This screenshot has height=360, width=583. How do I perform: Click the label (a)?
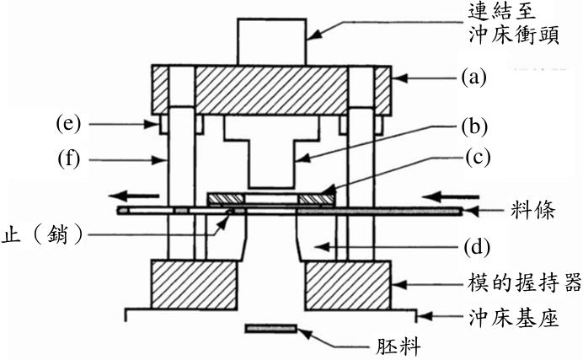pos(473,78)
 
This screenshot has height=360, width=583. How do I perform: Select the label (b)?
pos(474,126)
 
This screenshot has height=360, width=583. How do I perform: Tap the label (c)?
pos(479,158)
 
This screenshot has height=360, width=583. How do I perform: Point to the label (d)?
pos(477,247)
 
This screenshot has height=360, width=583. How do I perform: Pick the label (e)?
pos(68,124)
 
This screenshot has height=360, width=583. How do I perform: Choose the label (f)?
pos(69,159)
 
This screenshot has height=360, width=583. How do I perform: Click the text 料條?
pos(532,211)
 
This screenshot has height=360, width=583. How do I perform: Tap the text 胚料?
pos(398,347)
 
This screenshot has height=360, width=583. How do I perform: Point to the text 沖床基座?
pos(514,319)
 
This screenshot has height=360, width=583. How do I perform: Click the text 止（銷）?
pos(41,235)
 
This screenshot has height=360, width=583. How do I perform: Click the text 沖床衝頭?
pos(514,35)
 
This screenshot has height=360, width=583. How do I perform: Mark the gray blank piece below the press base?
pos(271,329)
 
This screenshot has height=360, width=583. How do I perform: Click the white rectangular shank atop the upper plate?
pos(272,42)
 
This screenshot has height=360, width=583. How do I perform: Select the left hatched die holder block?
pos(194,285)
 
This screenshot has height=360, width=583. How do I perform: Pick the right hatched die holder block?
pos(348,285)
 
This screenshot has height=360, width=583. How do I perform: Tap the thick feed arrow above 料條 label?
pos(452,196)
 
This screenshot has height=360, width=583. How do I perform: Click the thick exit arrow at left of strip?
pos(134,196)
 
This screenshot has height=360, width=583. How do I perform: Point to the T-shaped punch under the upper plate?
pos(271,152)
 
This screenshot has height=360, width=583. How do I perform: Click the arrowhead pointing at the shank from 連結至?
pos(313,35)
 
